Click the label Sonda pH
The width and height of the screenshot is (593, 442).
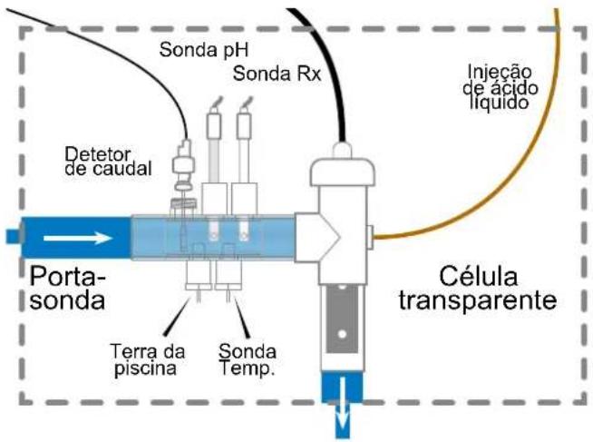point(203,50)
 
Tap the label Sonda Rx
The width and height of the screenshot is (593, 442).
point(277,74)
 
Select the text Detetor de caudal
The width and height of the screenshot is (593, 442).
point(108,162)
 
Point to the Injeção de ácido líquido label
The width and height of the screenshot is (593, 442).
point(500,87)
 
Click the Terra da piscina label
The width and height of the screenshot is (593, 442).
point(148,360)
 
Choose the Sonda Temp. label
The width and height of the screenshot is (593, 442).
point(248,359)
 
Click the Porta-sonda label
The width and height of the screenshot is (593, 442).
point(67,288)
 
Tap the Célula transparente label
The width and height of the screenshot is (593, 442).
point(478,288)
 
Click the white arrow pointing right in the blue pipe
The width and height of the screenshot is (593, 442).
point(78,238)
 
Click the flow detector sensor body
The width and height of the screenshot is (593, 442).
point(183,165)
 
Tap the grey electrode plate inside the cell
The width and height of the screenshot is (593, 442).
point(342,319)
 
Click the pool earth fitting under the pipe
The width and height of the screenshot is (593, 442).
point(199,276)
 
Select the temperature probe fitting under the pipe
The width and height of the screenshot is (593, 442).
point(228,276)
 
